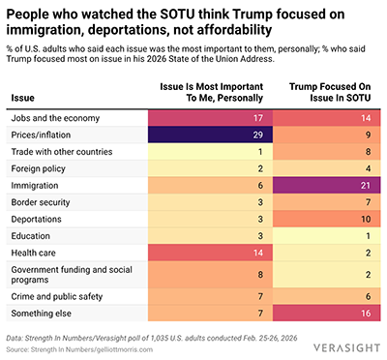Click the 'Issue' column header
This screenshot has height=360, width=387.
pos(23,98)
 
